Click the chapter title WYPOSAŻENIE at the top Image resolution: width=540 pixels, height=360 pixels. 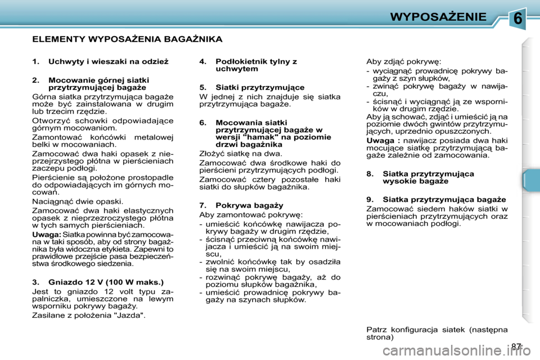tap(438, 16)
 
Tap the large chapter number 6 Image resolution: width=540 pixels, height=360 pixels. tap(519, 19)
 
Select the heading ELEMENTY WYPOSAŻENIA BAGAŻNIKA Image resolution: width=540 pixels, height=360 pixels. tap(127, 39)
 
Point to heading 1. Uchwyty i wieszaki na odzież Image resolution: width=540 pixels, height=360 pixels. tap(100, 61)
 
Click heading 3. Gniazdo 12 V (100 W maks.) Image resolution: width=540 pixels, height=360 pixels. tap(98, 282)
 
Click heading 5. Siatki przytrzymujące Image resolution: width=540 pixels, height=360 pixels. tap(252, 87)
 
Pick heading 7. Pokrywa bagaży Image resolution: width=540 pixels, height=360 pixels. tap(241, 205)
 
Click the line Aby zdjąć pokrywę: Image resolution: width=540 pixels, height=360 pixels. tap(396, 61)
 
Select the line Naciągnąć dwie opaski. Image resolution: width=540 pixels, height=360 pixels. tap(73, 200)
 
